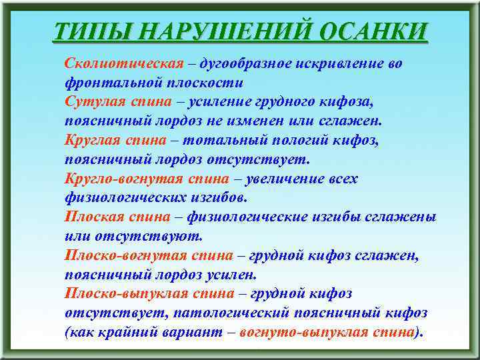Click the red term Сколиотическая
pos(124,64)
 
